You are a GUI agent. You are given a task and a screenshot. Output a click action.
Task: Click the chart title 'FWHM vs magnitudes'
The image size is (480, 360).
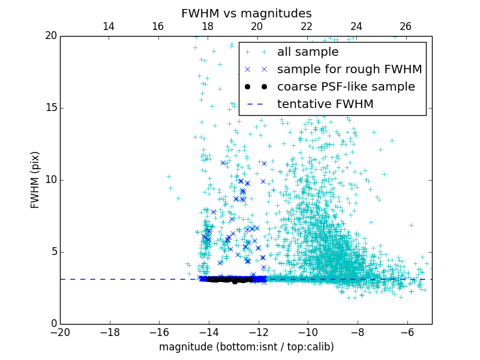246,13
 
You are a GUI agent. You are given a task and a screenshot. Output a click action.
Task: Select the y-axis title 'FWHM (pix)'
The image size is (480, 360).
35,179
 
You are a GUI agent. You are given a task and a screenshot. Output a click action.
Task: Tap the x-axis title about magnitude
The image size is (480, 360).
246,347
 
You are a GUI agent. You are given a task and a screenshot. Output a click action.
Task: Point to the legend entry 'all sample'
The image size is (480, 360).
307,52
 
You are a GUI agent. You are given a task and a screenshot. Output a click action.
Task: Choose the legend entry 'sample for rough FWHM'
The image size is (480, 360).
349,70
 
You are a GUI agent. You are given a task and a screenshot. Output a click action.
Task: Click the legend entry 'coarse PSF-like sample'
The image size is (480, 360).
346,87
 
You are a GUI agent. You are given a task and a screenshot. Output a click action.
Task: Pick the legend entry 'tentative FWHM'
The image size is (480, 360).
325,104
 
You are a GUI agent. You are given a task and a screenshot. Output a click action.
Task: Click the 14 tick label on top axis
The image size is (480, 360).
109,26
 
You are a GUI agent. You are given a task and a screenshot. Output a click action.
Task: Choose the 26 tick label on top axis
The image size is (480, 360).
406,26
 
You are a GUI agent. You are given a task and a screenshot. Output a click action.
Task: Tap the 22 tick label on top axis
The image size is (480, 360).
307,26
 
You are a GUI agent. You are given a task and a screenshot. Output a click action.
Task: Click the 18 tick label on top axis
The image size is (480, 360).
208,26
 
